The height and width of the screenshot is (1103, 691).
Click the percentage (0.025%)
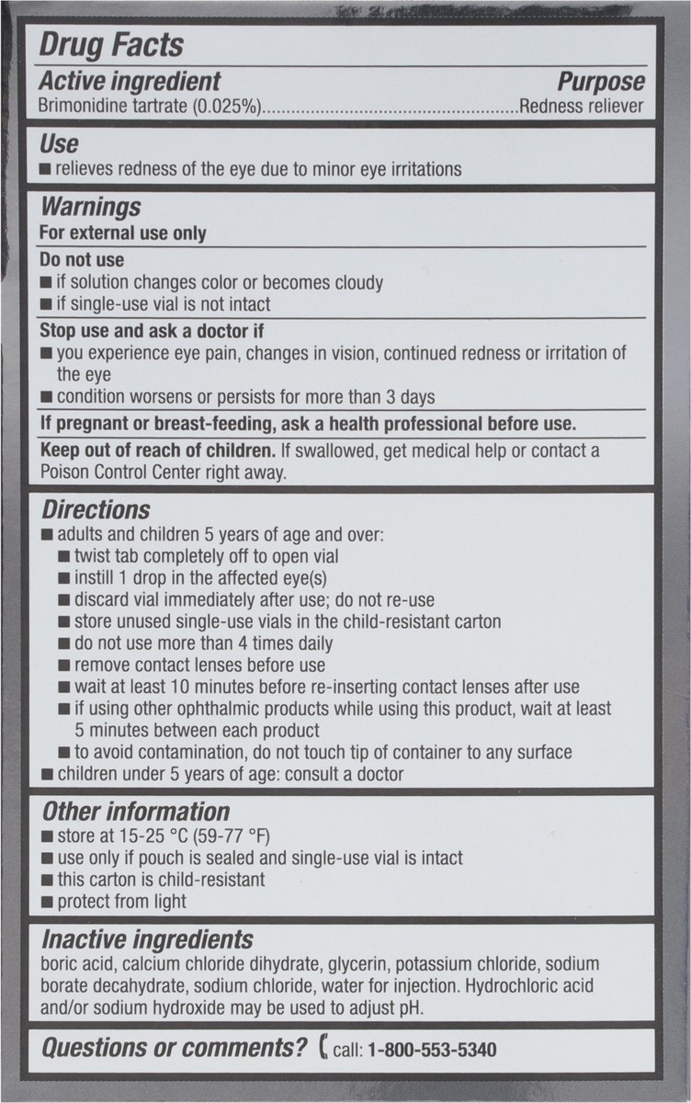coord(227,107)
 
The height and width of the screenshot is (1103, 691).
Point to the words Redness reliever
coord(581,107)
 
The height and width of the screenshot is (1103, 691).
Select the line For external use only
coord(123,233)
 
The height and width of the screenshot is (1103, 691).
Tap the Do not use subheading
coord(82,260)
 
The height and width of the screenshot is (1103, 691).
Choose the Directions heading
coord(96,509)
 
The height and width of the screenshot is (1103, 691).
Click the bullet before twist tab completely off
coord(63,557)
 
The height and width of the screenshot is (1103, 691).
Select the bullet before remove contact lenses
coord(63,665)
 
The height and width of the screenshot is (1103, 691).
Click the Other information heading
coord(135,812)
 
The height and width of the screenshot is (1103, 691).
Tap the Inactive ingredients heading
coord(147,939)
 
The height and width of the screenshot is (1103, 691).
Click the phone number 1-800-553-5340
coord(432,1051)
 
